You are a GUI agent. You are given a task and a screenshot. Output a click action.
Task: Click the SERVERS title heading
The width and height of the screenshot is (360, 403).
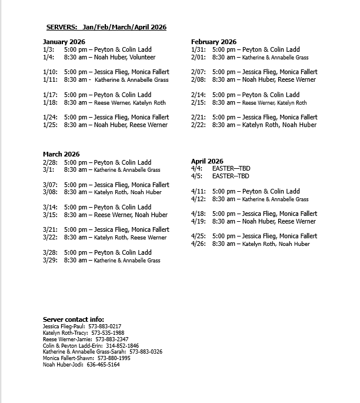click(106, 27)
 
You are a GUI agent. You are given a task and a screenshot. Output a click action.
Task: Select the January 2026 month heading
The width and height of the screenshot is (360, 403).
click(64, 42)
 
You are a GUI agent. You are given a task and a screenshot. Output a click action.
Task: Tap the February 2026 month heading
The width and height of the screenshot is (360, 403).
click(214, 42)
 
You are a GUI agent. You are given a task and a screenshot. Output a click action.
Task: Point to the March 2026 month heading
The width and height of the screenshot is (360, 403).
click(61, 154)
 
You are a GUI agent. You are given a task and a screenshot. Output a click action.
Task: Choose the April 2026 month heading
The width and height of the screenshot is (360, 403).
click(207, 161)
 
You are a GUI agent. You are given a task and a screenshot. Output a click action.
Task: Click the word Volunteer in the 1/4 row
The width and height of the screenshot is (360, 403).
click(142, 58)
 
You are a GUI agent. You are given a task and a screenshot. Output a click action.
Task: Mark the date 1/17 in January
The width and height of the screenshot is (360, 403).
click(50, 95)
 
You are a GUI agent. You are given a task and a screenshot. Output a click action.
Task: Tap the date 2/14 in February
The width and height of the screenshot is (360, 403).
click(198, 95)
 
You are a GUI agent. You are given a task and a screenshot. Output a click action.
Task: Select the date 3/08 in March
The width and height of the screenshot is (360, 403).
click(50, 192)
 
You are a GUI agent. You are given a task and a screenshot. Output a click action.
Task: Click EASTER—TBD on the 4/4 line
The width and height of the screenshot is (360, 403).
click(231, 169)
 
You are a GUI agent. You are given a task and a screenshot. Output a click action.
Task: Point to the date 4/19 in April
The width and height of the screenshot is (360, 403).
click(198, 222)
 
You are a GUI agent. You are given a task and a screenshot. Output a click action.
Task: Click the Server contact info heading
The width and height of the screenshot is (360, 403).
click(74, 319)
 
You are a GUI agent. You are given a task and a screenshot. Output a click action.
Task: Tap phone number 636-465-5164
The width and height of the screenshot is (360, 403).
click(103, 365)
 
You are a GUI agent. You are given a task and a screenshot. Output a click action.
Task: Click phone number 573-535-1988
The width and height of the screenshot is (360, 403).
click(107, 333)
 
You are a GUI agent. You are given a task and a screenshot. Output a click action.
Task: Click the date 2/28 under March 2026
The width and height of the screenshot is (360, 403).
click(50, 162)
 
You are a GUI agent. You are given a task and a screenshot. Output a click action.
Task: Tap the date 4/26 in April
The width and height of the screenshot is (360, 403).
click(198, 244)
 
